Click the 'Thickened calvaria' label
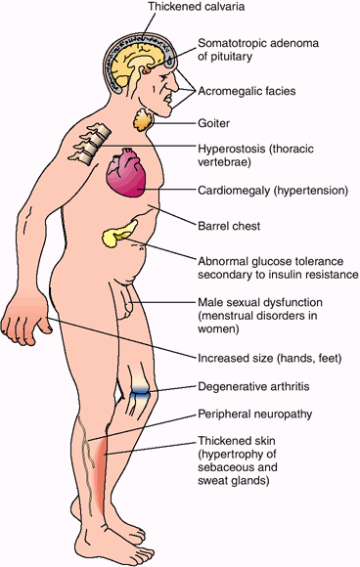click(197, 7)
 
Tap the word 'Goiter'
click(213, 123)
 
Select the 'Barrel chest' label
click(229, 226)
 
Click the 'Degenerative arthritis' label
click(253, 386)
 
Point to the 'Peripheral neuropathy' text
click(254, 414)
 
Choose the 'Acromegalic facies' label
click(247, 91)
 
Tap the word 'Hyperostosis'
click(230, 149)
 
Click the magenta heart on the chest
click(125, 173)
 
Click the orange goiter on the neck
click(144, 119)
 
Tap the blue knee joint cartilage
click(139, 392)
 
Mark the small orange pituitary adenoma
click(146, 70)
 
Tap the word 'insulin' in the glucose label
click(284, 275)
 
